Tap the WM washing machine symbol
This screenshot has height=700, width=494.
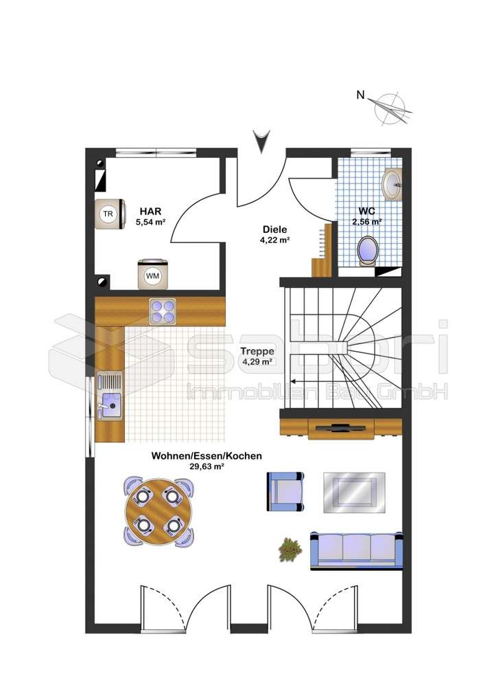coord(152,275)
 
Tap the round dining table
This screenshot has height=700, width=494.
coord(158,512)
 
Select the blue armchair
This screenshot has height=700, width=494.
coord(285,491)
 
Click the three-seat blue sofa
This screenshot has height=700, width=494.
coord(357,550)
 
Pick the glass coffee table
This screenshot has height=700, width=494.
coord(354,492)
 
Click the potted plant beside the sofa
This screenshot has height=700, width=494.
coord(290,549)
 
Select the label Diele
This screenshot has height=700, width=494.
coord(274,229)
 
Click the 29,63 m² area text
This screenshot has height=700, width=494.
coord(207,466)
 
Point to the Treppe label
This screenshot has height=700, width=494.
coord(257,351)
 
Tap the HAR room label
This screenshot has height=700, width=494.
coord(151,212)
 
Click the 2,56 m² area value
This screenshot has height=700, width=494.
coord(367,222)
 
